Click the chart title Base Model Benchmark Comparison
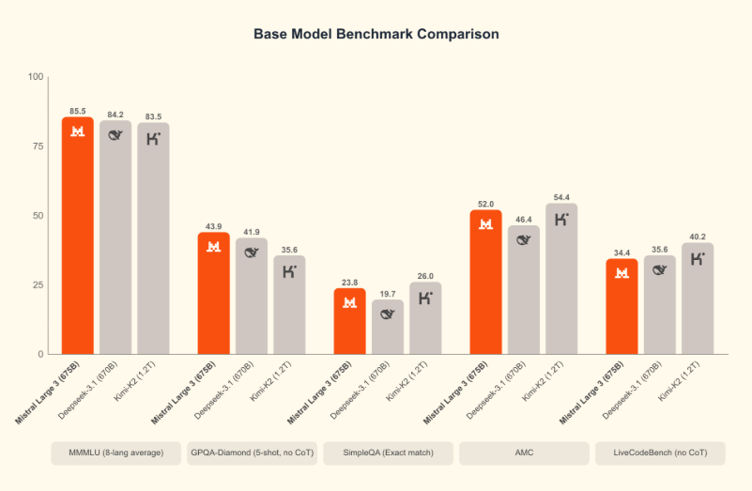click(x=376, y=34)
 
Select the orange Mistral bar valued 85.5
click(x=78, y=235)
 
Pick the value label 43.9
click(x=213, y=226)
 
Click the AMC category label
click(x=524, y=453)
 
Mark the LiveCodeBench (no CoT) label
click(x=660, y=453)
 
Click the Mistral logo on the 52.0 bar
click(x=486, y=224)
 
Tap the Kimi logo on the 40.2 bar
click(x=698, y=258)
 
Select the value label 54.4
click(x=561, y=197)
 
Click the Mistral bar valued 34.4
click(x=622, y=306)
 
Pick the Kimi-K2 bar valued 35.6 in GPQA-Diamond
click(x=289, y=304)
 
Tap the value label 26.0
click(x=425, y=276)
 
